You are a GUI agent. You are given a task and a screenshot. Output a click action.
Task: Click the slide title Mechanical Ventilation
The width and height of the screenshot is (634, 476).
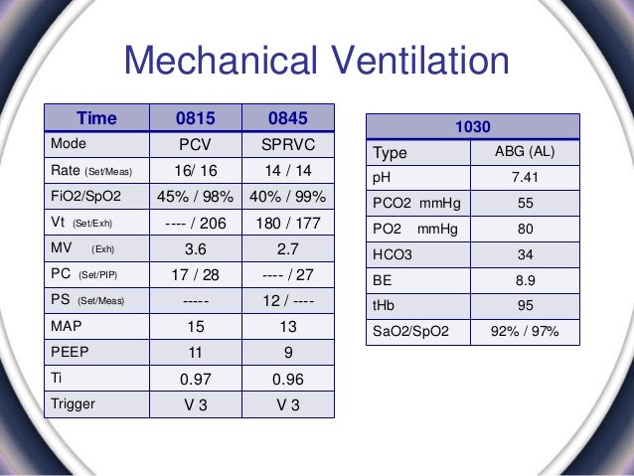(316, 62)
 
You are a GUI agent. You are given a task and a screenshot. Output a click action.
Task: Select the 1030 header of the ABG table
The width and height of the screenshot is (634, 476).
(474, 127)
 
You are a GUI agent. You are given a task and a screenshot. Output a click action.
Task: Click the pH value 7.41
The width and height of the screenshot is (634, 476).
(525, 179)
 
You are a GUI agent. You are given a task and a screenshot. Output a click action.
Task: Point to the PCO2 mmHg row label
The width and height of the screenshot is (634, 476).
(411, 205)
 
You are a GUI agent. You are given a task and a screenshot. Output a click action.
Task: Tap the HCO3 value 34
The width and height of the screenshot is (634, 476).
(525, 255)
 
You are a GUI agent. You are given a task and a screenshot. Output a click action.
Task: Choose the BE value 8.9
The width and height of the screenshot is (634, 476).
(525, 281)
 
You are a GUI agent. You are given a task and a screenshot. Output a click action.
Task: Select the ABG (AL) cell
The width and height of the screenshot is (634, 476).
(525, 153)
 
